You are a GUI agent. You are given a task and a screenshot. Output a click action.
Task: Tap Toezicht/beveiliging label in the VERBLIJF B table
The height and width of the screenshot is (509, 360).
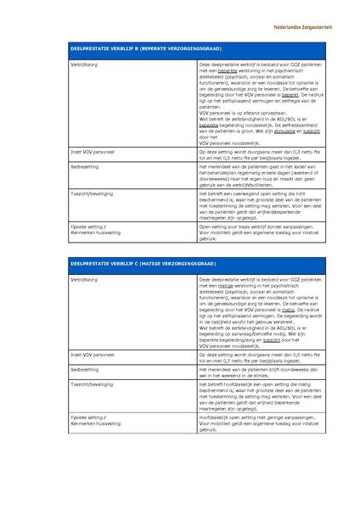click(94, 194)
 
